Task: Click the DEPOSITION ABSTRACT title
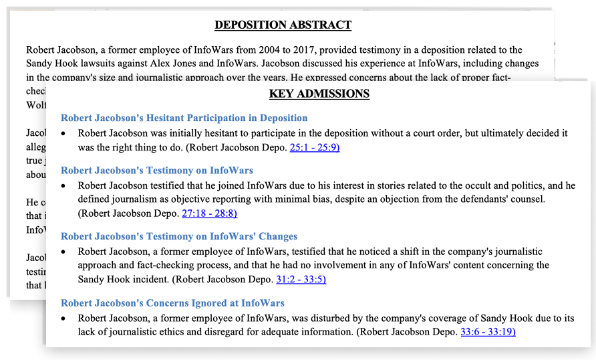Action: tap(283, 25)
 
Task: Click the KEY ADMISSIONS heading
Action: tap(319, 94)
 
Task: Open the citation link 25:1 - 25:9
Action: tap(319, 147)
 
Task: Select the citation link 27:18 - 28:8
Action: tap(209, 213)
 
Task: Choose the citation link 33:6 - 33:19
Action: tap(488, 331)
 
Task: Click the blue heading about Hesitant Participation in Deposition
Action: tap(184, 118)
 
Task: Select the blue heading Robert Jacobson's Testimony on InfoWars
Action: tap(156, 171)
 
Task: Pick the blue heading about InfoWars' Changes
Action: tap(178, 236)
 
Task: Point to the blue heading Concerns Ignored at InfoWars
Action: tap(172, 302)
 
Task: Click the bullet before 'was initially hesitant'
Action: tap(64, 134)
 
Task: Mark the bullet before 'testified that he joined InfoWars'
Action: tap(64, 186)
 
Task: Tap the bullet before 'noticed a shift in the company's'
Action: tap(64, 252)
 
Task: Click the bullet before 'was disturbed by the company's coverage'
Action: tap(64, 318)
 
